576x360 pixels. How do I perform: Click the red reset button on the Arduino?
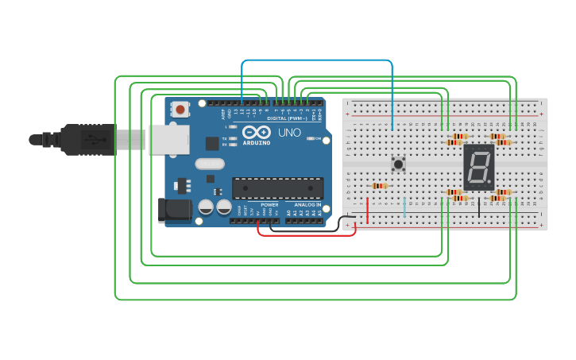(180, 110)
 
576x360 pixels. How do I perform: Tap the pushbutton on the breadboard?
(398, 165)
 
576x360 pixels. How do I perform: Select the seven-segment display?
(478, 167)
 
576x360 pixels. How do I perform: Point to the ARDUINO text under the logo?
(257, 142)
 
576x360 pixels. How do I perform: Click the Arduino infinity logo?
(257, 132)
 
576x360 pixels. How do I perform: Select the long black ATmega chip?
(279, 188)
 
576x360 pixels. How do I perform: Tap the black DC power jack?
(174, 210)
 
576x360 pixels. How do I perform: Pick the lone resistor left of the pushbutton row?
(380, 186)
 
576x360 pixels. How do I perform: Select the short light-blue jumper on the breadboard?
(404, 207)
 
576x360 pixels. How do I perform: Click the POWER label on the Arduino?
(269, 203)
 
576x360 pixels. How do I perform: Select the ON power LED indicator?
(309, 139)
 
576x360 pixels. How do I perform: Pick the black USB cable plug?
(87, 139)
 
